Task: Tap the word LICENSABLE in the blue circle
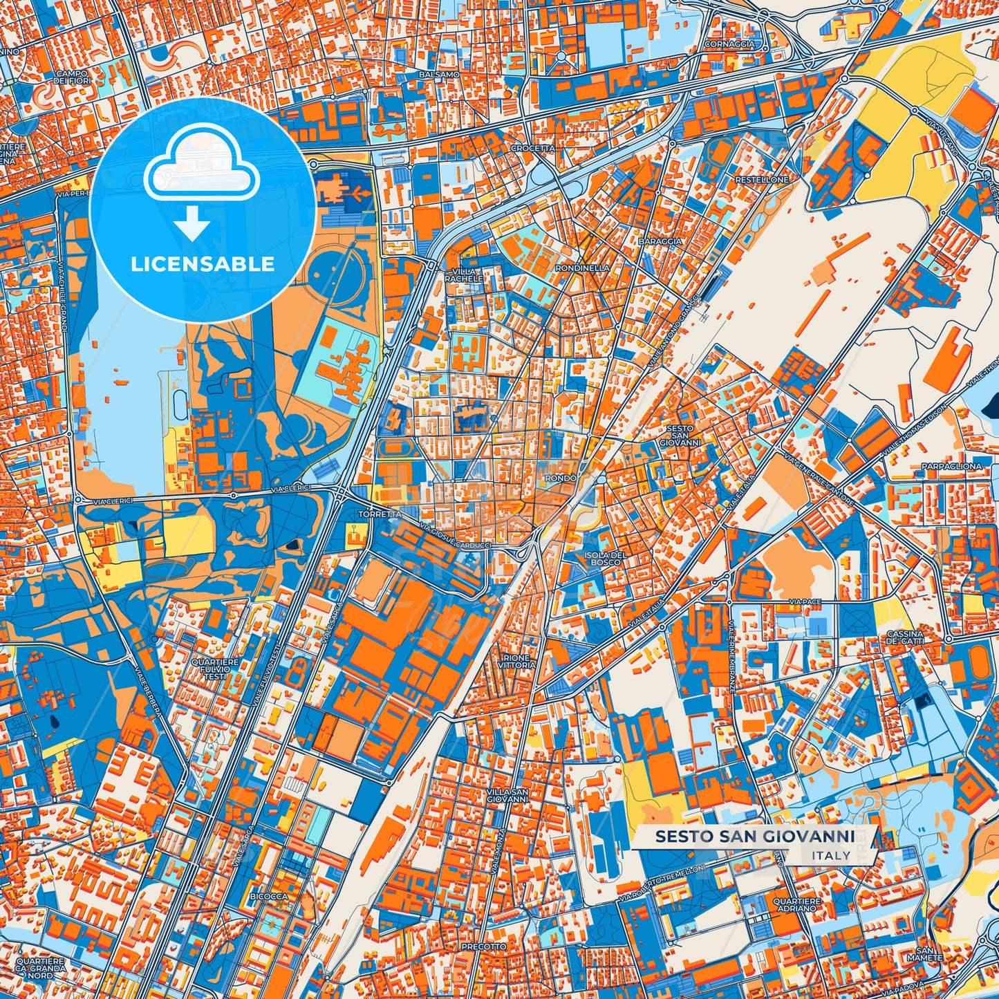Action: pos(203,264)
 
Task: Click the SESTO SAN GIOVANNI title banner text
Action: pos(754,837)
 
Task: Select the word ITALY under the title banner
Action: pos(832,855)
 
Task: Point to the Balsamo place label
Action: pos(439,74)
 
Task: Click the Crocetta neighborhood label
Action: pos(533,149)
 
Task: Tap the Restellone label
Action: pos(761,180)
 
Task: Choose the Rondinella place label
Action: pos(582,268)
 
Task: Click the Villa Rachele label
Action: pos(464,275)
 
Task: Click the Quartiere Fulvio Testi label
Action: pos(215,669)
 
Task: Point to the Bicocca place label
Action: pos(269,897)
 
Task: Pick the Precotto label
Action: pos(483,946)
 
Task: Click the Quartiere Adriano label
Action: pos(796,905)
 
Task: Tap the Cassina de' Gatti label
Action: pos(905,637)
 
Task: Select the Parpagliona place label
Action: pos(951,467)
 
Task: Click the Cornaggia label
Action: pos(729,44)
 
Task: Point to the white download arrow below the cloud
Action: pos(193,225)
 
